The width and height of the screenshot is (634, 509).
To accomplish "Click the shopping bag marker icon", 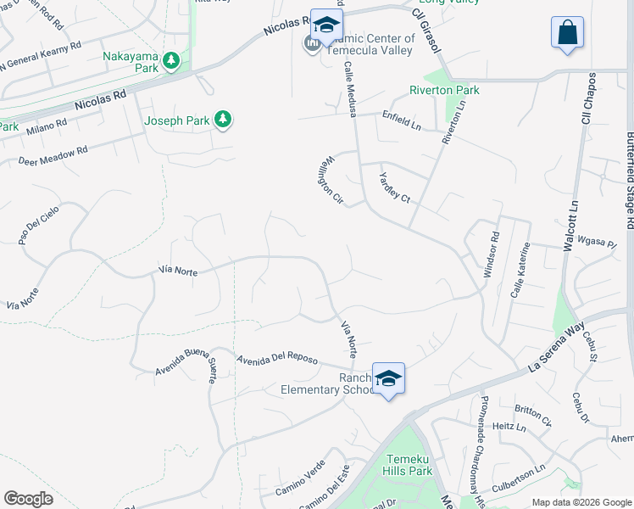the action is pyautogui.click(x=567, y=34).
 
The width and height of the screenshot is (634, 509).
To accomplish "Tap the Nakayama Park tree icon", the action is pyautogui.click(x=172, y=60).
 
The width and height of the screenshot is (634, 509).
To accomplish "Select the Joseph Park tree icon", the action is pyautogui.click(x=223, y=120).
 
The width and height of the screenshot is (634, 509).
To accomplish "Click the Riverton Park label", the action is pyautogui.click(x=444, y=90).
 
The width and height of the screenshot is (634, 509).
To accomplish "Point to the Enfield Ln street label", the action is pyautogui.click(x=401, y=120).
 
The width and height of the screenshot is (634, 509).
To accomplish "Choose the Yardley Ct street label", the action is pyautogui.click(x=394, y=187).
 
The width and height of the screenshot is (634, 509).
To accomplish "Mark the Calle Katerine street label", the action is pyautogui.click(x=520, y=269).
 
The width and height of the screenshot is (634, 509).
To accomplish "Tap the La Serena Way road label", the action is pyautogui.click(x=556, y=348).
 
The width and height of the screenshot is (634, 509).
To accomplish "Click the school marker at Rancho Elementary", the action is pyautogui.click(x=388, y=378).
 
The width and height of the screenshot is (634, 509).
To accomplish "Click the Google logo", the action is pyautogui.click(x=28, y=499).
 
